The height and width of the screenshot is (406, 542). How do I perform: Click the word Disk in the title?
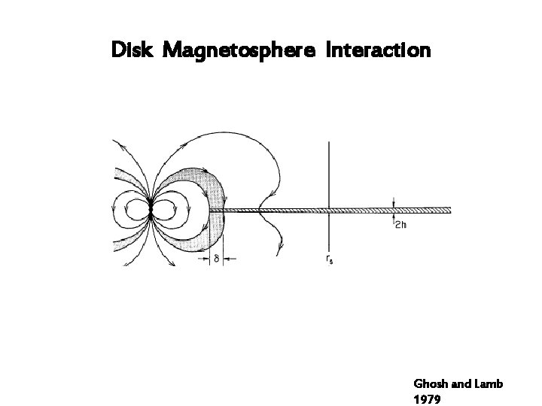click(x=132, y=51)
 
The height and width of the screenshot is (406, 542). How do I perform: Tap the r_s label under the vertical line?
click(x=330, y=260)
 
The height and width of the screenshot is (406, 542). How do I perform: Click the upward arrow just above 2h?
click(x=394, y=218)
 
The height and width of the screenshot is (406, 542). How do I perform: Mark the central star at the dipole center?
click(x=151, y=210)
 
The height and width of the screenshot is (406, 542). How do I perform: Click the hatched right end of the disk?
click(x=444, y=210)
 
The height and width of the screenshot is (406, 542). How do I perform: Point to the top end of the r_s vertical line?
click(x=329, y=143)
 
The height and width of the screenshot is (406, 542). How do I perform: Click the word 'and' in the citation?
click(x=464, y=384)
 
